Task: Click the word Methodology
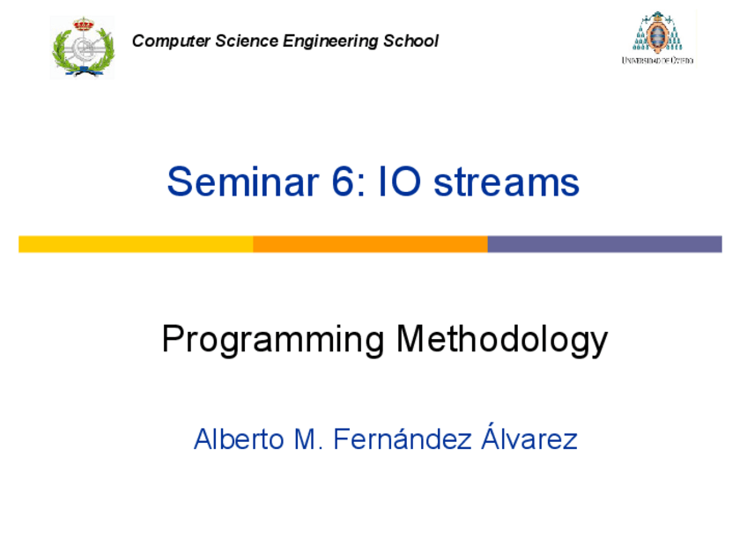502,340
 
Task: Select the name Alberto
232,438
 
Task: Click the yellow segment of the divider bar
136,244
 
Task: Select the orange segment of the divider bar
370,244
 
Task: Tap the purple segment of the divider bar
604,244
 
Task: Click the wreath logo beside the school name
83,48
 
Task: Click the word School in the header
410,41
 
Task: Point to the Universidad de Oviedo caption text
657,60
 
